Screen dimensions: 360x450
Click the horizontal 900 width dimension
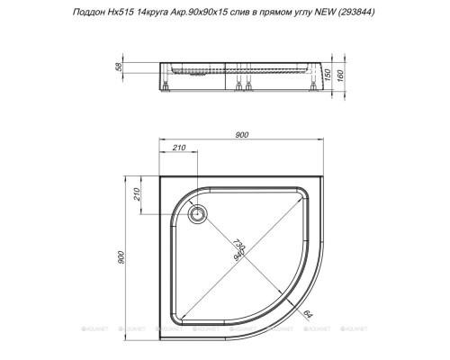coord(241,136)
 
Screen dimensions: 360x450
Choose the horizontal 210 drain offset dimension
coord(179,148)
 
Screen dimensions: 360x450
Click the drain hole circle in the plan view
coord(198,213)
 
